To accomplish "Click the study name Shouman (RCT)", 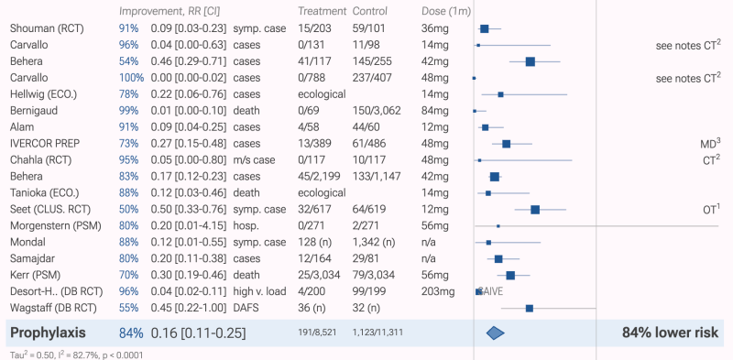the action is coord(47,28).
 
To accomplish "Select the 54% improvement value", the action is coord(128,61).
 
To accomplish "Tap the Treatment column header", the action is coord(323,11).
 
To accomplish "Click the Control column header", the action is coord(370,11).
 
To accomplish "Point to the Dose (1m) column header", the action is coord(446,11).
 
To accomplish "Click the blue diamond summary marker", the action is coord(496,333).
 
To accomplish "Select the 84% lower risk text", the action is coord(670,333).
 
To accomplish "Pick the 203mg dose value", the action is coord(438,291).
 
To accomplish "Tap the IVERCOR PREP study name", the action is coord(45,144).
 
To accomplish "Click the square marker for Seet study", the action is coord(535,210).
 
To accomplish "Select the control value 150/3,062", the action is coord(377,111).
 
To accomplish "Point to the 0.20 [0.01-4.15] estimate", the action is coord(189,226).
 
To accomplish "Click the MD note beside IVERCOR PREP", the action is coord(711,143).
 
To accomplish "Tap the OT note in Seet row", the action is coord(711,209).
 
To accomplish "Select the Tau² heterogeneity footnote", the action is coord(76,355).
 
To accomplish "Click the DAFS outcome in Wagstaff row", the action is coord(246,308).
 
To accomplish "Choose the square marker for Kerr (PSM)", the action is coord(510,276).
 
